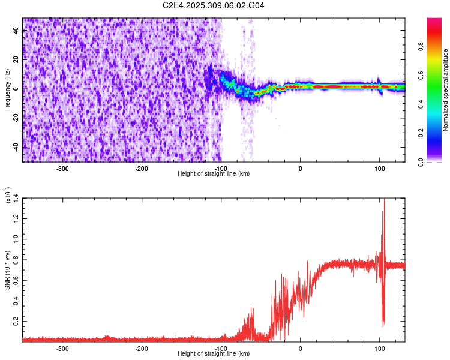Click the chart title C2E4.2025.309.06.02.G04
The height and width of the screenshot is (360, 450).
tap(214, 5)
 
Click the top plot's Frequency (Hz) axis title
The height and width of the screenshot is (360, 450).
tap(8, 90)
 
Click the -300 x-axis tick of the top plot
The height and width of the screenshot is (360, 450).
tap(63, 168)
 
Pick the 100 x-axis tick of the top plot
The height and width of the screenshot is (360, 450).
tap(379, 168)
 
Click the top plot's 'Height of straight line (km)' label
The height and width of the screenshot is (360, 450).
tap(214, 173)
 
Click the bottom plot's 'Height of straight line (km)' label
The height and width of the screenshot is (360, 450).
tap(214, 353)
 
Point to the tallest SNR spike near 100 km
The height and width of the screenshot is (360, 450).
tap(383, 201)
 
